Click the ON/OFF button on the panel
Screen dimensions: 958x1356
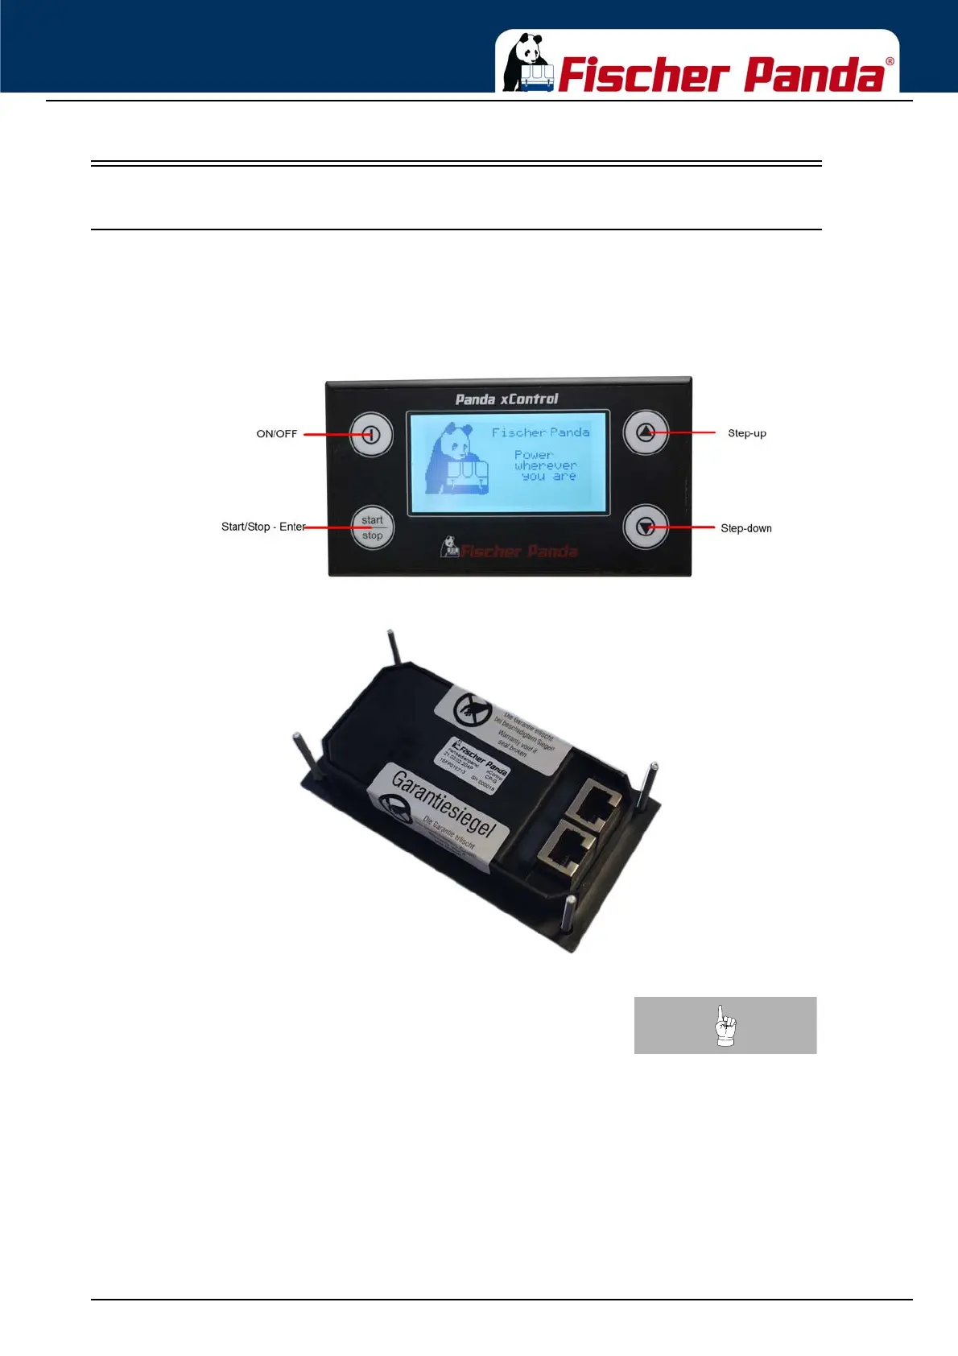click(371, 435)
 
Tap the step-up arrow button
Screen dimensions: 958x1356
click(646, 432)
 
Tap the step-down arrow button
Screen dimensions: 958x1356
click(646, 527)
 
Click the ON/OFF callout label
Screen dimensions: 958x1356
click(276, 434)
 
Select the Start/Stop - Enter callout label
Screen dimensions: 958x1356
click(263, 527)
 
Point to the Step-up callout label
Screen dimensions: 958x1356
click(747, 433)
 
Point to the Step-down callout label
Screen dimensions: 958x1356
click(746, 528)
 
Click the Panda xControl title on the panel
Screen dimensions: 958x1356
click(506, 399)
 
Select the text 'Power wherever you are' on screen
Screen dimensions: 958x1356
click(545, 465)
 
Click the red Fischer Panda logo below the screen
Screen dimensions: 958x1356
click(510, 550)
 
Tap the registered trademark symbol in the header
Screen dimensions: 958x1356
click(890, 62)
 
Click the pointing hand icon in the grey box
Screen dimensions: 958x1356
click(725, 1026)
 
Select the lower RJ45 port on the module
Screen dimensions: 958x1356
click(566, 848)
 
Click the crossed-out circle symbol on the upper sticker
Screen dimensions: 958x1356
click(473, 709)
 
